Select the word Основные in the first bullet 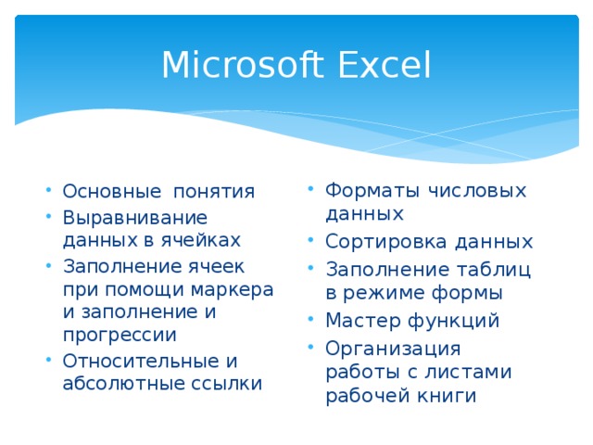103,192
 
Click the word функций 455,321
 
